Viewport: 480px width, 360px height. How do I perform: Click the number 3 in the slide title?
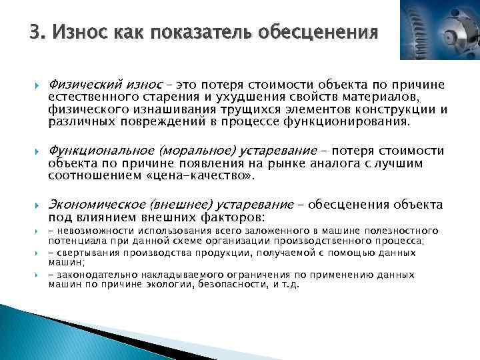click(x=34, y=31)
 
